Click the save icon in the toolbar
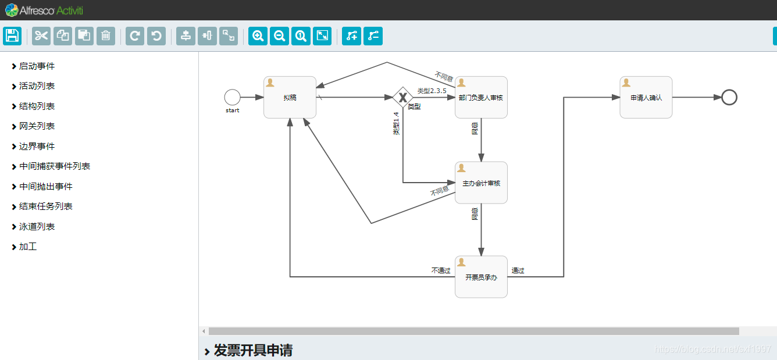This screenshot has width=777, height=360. [12, 36]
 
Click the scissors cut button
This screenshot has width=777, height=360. [41, 36]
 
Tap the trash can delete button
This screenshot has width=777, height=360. [105, 36]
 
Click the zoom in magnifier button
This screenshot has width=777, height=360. [258, 36]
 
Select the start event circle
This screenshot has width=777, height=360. [232, 97]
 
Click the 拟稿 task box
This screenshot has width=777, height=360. [290, 97]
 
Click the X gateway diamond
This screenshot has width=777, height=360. [402, 97]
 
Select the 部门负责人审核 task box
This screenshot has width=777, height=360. [481, 97]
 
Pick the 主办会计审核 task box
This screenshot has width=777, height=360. [481, 183]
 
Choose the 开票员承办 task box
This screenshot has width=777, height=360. [481, 277]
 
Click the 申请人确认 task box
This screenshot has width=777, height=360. [646, 97]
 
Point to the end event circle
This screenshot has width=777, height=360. [729, 97]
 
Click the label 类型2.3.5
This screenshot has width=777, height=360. [432, 91]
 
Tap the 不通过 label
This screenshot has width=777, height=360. [441, 270]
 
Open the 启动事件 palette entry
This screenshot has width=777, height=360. [37, 66]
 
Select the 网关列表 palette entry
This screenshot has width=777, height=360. [37, 126]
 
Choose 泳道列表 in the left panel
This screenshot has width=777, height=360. [37, 227]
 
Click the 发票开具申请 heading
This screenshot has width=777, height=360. [253, 350]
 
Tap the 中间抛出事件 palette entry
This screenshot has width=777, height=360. [46, 187]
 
